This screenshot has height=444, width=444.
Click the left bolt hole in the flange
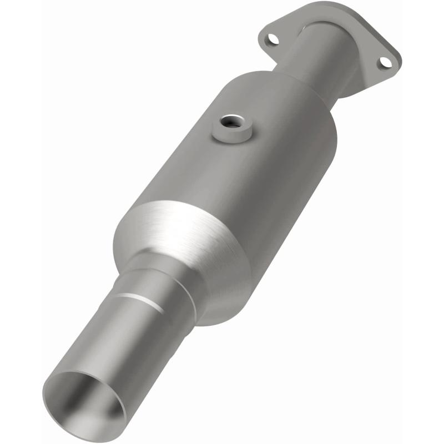pyautogui.click(x=272, y=40)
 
